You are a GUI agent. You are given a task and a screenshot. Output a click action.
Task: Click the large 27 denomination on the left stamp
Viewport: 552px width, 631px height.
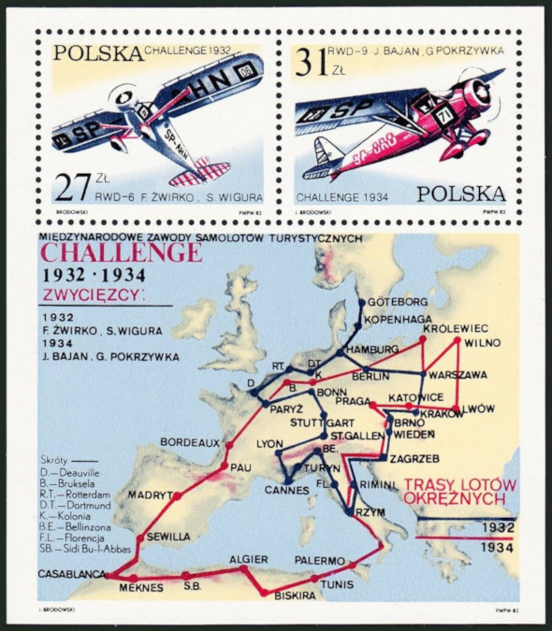71,186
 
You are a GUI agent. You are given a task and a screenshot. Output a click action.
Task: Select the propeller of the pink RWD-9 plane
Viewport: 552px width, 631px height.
483,92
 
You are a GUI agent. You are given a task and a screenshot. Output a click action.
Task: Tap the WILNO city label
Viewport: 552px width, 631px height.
481,342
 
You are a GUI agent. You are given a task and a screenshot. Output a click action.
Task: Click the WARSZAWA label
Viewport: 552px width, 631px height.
459,375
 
